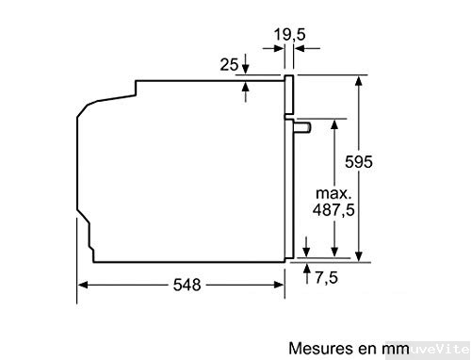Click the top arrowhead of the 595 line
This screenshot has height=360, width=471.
pyautogui.click(x=358, y=82)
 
